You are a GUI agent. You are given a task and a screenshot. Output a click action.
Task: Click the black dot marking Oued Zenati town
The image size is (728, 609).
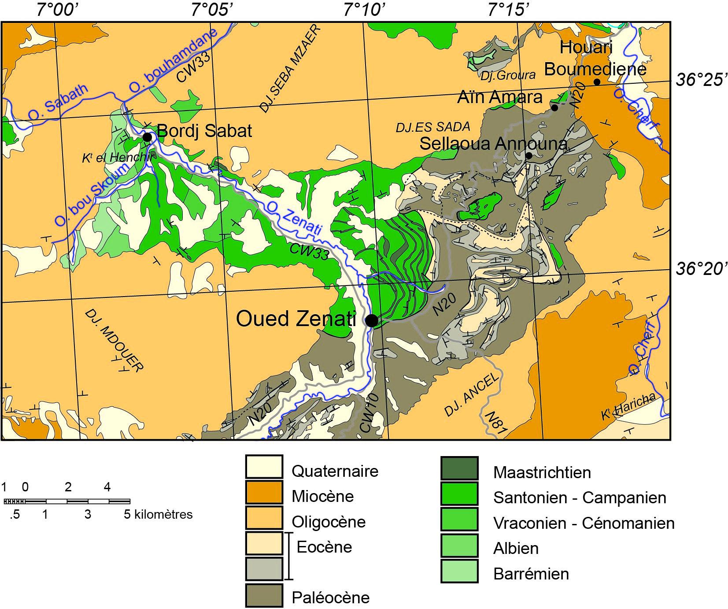point(372,321)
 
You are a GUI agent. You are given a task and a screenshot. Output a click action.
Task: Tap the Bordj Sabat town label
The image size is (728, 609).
point(204,131)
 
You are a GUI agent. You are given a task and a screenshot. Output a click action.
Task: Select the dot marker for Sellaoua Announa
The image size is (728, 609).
point(529,156)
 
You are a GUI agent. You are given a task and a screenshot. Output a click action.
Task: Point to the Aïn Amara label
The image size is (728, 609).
point(500,97)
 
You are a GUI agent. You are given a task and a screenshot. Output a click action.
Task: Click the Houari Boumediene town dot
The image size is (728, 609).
point(597,82)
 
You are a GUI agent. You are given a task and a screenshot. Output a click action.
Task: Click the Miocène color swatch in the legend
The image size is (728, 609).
point(264,492)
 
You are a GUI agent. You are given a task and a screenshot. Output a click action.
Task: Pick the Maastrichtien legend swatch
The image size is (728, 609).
point(459,468)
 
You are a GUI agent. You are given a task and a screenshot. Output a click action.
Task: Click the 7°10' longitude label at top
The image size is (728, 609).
point(365,9)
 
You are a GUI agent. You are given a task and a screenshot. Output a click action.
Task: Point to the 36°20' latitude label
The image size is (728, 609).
point(700,268)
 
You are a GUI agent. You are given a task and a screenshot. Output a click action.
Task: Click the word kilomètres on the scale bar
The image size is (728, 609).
point(163,514)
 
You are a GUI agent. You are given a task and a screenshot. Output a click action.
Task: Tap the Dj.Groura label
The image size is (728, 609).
point(508,75)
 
